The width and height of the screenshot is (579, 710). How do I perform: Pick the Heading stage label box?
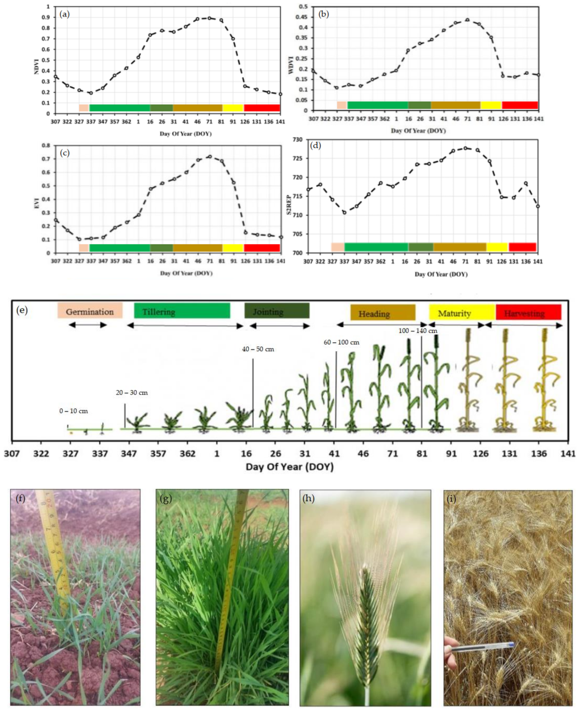coord(383,313)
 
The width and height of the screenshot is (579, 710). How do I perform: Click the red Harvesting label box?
coord(528,313)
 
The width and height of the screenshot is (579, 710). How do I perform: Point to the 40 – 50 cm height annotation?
coord(258,349)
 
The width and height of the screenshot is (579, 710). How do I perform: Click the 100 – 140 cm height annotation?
coord(418,331)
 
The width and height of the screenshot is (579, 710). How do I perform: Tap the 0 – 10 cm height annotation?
coord(73,411)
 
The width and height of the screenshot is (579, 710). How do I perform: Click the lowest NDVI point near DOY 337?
coord(91,93)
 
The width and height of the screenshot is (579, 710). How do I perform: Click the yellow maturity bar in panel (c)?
coord(233,248)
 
